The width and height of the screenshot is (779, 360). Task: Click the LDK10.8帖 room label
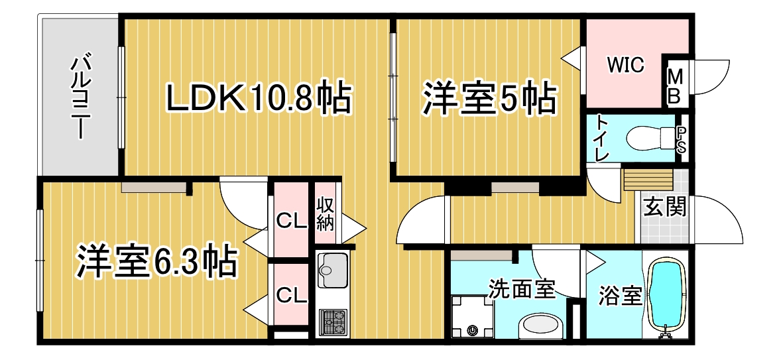(259, 98)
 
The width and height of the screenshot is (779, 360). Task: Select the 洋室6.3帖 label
(156, 260)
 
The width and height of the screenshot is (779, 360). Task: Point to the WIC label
(625, 64)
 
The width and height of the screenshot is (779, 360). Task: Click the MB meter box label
(674, 86)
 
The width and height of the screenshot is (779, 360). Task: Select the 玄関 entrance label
(665, 207)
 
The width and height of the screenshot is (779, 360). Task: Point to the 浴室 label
(619, 296)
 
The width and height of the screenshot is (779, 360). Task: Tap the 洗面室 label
(520, 288)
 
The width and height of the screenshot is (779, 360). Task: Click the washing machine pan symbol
(471, 317)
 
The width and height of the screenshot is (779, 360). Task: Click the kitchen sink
(332, 270)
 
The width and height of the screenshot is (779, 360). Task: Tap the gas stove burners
(332, 322)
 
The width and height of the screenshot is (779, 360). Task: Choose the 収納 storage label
(326, 213)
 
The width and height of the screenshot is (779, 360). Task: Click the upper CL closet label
(290, 221)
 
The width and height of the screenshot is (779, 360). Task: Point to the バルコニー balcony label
(80, 97)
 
